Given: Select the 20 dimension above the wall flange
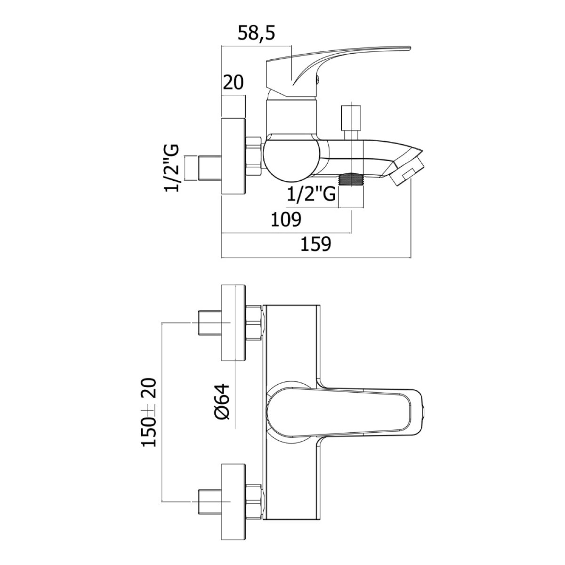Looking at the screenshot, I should pyautogui.click(x=233, y=83).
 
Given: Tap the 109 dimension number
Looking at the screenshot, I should pyautogui.click(x=286, y=219).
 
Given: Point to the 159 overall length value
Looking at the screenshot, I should pyautogui.click(x=316, y=244).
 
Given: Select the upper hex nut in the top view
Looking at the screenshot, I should pyautogui.click(x=254, y=323).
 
